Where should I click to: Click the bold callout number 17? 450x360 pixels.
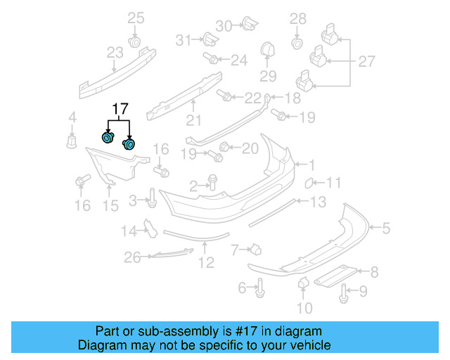coord(120,109)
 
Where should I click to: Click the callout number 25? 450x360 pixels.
coord(136,18)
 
